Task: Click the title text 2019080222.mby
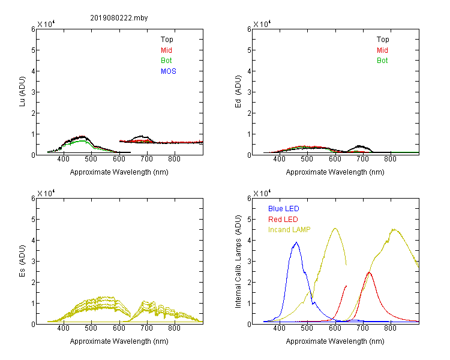pos(119,18)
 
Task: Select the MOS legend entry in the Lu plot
pos(168,71)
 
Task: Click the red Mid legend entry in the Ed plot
pos(382,50)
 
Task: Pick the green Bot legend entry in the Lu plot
pos(166,61)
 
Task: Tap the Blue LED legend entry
pos(284,209)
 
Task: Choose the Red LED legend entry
pos(283,220)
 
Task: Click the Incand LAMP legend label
pos(289,230)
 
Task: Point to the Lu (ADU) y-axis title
pos(22,92)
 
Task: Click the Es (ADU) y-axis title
pos(22,261)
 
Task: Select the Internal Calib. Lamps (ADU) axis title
pos(238,262)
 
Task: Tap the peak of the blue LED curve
pos(296,242)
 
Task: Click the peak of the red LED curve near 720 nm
pos(369,272)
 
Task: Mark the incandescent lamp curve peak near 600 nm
pos(335,229)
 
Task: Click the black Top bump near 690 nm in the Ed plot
pos(360,146)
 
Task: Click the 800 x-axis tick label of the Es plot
pos(174,328)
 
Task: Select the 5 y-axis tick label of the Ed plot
pos(249,50)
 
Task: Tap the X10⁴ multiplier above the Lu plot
pos(46,24)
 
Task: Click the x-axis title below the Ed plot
pos(335,172)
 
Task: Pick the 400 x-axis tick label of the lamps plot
pos(279,328)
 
